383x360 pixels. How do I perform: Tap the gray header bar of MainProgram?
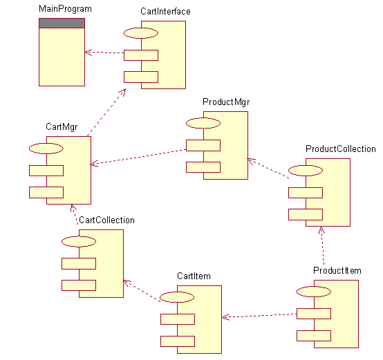point(62,23)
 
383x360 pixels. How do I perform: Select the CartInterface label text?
point(165,12)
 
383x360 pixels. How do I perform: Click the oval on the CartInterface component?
point(141,33)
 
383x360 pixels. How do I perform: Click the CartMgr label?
point(62,127)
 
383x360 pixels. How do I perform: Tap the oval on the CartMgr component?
point(46,148)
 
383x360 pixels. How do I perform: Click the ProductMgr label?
point(225,102)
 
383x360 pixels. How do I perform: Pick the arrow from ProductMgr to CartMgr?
point(138,157)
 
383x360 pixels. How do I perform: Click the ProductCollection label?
point(340,149)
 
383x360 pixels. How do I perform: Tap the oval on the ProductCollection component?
point(306,170)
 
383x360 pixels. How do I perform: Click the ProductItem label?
point(337,270)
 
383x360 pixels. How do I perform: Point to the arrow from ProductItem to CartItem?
point(259,316)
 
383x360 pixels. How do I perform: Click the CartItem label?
point(194,276)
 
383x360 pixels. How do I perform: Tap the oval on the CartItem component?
point(178,297)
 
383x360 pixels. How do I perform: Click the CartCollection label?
point(106,220)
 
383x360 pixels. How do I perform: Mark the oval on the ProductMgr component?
point(203,123)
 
